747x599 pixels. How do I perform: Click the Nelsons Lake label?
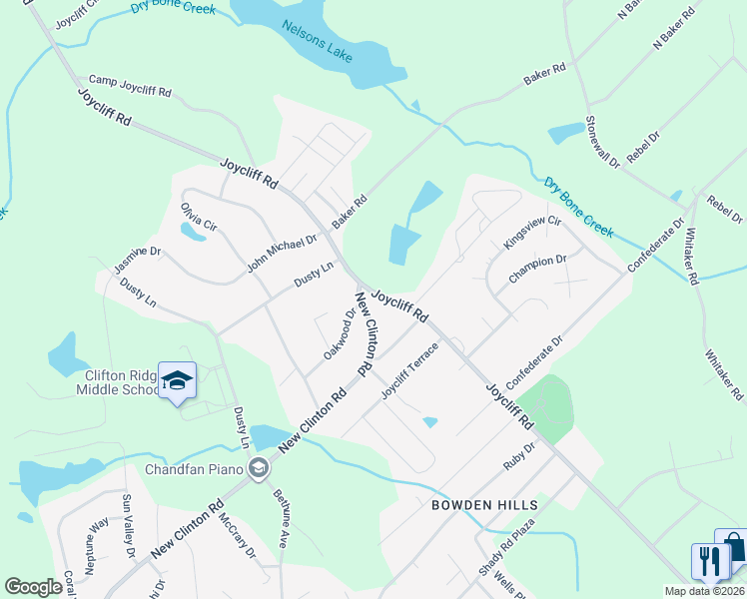click(317, 41)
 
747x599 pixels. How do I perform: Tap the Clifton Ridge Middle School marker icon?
click(178, 381)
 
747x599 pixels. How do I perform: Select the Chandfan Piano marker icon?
click(259, 468)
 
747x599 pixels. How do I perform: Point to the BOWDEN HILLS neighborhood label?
click(484, 505)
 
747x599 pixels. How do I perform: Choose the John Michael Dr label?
click(282, 254)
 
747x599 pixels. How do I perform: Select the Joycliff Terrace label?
click(409, 370)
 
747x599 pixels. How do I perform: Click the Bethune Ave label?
click(283, 513)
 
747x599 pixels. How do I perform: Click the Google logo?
click(33, 587)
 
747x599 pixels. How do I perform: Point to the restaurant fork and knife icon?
click(710, 560)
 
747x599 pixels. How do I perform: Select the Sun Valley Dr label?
click(128, 525)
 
